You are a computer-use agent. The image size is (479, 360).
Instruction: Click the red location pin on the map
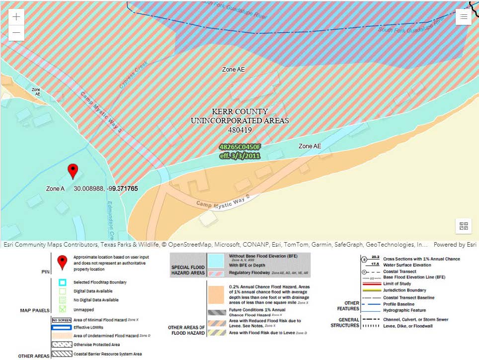[x=73, y=171]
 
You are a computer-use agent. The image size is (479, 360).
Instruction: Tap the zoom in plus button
[x=16, y=16]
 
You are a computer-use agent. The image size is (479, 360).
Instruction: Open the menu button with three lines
[x=463, y=16]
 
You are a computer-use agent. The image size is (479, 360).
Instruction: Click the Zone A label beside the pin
[x=56, y=189]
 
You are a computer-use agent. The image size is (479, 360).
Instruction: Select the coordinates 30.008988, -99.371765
[x=105, y=189]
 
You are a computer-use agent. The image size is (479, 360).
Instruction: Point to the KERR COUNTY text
[x=239, y=112]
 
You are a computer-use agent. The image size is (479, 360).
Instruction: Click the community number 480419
[x=239, y=130]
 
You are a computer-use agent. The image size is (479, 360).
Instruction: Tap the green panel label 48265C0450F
[x=240, y=147]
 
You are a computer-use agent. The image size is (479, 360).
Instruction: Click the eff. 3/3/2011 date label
[x=240, y=156]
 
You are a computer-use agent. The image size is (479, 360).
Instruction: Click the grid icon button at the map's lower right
[x=464, y=226]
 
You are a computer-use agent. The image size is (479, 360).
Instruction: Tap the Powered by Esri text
[x=455, y=245]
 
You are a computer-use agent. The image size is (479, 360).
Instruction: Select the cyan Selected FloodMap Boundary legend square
[x=62, y=282]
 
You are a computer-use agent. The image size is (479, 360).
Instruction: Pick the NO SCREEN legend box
[x=62, y=320]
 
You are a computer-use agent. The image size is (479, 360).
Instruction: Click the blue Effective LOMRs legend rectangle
[x=62, y=328]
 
